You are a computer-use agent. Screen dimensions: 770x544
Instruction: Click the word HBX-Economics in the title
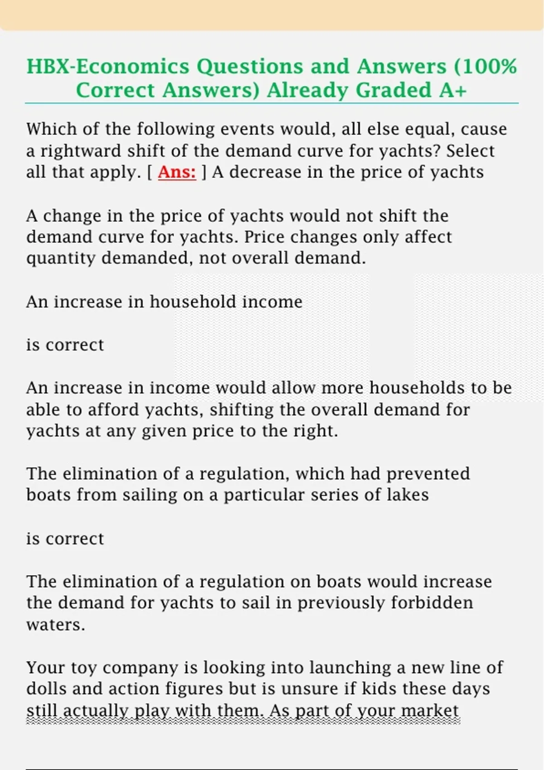[x=108, y=67]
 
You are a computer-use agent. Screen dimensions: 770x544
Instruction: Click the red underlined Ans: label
[x=177, y=172]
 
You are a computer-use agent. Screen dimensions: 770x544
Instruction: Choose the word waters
[x=55, y=625]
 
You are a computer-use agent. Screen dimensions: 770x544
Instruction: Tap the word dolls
[x=46, y=689]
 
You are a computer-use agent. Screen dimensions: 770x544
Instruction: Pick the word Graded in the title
[x=393, y=90]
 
